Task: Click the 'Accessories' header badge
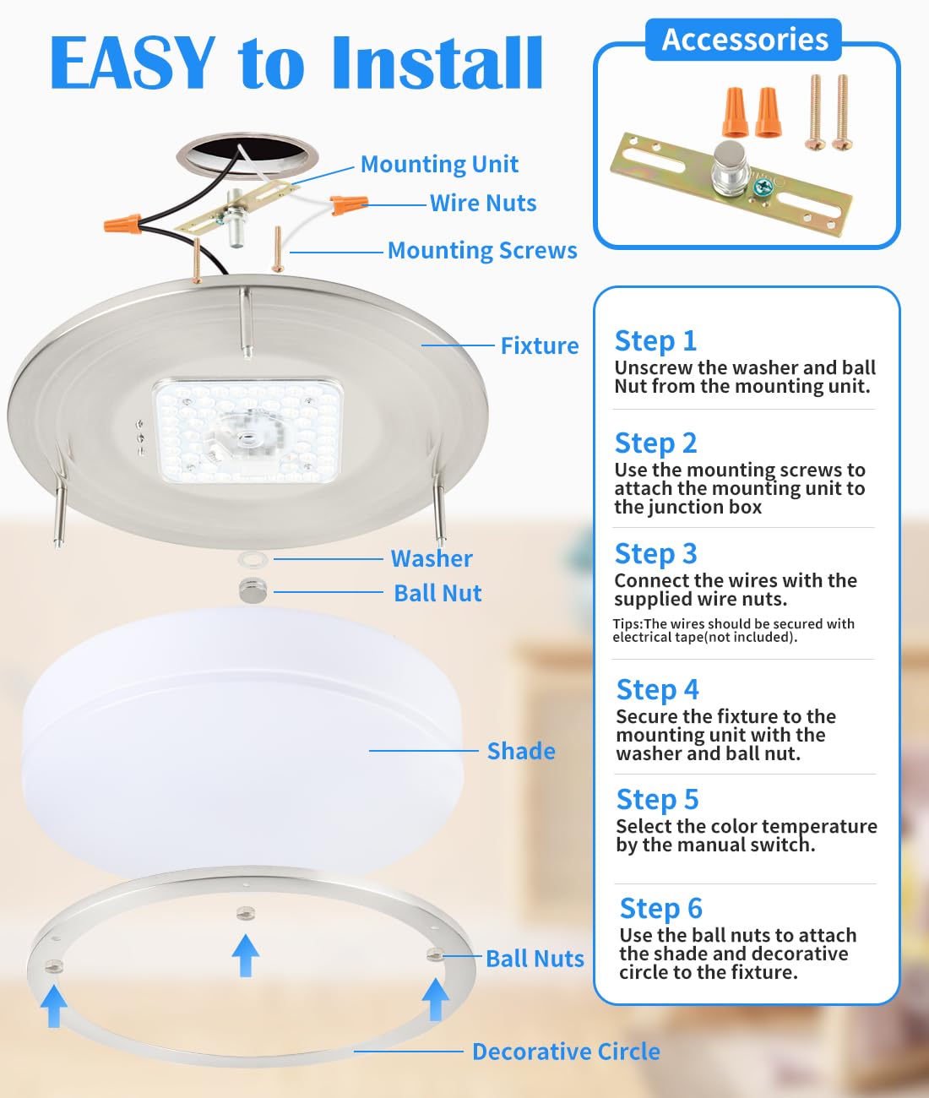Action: (744, 40)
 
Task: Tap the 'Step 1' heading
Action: (655, 340)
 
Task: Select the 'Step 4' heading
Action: (657, 689)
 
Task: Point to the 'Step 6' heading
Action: (660, 908)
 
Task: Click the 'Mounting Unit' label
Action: (439, 164)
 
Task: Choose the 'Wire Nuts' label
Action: (483, 203)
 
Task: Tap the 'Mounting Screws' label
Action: (482, 250)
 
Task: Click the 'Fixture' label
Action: (540, 345)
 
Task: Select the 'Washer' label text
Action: (432, 558)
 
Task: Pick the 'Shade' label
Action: (521, 751)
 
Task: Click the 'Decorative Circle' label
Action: (566, 1052)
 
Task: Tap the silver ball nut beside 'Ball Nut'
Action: (253, 590)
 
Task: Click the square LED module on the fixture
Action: (247, 430)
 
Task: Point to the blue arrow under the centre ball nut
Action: (246, 955)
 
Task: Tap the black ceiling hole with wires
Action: (247, 154)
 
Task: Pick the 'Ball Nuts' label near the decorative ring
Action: (535, 959)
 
